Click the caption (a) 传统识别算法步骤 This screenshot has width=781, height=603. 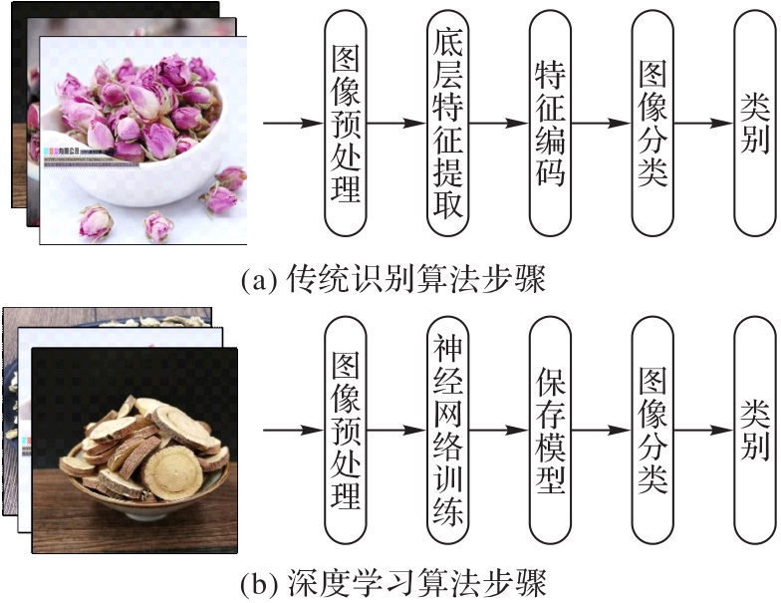[x=393, y=277]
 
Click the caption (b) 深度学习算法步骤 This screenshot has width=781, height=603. [x=393, y=580]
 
